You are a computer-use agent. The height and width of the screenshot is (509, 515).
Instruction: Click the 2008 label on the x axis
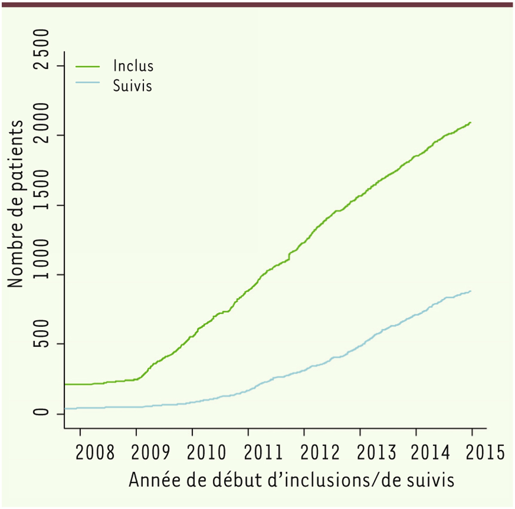coord(95,452)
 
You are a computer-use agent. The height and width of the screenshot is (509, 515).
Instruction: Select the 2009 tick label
coord(150,452)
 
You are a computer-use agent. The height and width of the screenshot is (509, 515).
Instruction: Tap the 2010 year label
coord(206,452)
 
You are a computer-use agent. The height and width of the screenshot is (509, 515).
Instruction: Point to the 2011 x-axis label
coord(262,452)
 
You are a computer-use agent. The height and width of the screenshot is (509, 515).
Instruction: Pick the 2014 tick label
coord(430,452)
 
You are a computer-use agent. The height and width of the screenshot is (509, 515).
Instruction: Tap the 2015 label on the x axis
coord(485,452)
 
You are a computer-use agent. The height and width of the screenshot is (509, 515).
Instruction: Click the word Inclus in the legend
coord(133,66)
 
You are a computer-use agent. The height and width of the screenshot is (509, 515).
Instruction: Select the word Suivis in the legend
coord(132,85)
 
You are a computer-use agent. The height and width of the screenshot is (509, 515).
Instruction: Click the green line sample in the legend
coord(88,67)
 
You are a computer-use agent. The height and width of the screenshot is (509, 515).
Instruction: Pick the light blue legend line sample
coord(88,82)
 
